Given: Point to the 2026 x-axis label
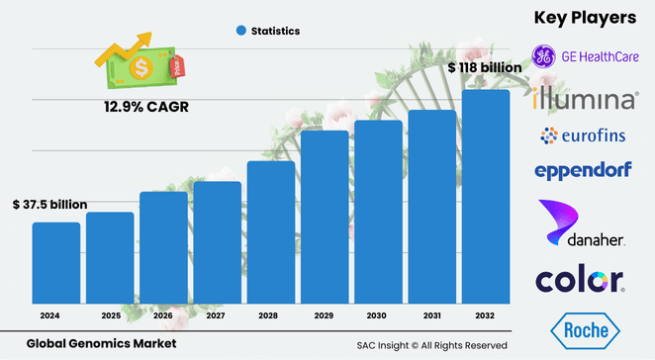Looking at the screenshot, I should pyautogui.click(x=163, y=316).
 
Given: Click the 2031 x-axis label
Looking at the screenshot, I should pyautogui.click(x=432, y=316).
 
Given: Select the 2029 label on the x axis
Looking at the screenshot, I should pyautogui.click(x=325, y=316).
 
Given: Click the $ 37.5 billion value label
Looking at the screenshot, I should pyautogui.click(x=50, y=205).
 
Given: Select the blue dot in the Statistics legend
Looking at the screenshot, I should pyautogui.click(x=240, y=31).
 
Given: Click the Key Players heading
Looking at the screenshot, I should pyautogui.click(x=585, y=18).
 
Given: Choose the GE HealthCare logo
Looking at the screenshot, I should pyautogui.click(x=584, y=56).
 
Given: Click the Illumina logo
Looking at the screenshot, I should pyautogui.click(x=585, y=100).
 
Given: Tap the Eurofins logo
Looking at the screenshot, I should pyautogui.click(x=585, y=135).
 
